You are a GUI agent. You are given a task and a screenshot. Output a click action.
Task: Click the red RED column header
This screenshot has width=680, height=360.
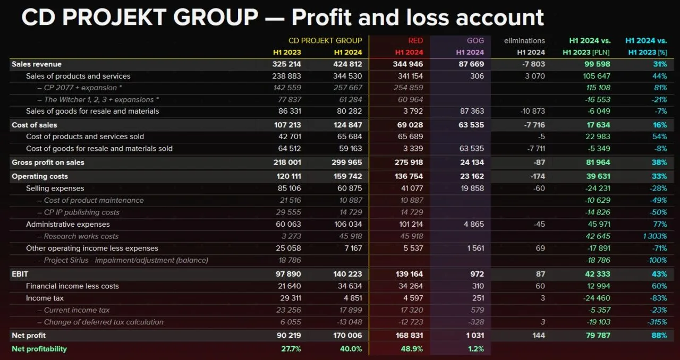[x=415, y=40]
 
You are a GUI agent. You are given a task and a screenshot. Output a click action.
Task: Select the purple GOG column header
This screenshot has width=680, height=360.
[x=475, y=40]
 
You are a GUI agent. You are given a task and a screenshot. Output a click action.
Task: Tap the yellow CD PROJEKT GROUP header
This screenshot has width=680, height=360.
[x=325, y=40]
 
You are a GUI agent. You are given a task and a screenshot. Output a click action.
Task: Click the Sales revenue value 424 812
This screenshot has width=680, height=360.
[x=348, y=64]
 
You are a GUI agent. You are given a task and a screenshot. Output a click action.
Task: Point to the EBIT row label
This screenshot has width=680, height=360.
[x=20, y=274]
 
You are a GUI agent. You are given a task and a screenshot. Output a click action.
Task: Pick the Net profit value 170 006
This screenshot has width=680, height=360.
[x=348, y=336]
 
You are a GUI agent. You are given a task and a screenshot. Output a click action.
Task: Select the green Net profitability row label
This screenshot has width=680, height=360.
[x=39, y=349]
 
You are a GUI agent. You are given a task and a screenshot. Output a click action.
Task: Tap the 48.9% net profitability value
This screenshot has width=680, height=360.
[x=413, y=349]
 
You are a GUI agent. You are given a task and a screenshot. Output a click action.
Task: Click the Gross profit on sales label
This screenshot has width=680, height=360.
[x=48, y=162]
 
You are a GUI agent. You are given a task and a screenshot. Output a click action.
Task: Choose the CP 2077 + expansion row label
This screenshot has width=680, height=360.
[x=80, y=88]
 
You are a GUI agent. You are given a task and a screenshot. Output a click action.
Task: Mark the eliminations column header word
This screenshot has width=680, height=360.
[x=524, y=40]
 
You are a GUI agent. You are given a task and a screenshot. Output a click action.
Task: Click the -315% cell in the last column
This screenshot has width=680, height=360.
[x=657, y=322]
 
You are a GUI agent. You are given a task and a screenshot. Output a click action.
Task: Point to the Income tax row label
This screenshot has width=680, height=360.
[x=45, y=298]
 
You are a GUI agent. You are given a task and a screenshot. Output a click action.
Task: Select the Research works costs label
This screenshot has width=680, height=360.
[x=81, y=236]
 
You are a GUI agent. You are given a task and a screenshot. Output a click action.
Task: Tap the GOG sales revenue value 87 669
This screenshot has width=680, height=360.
[x=470, y=64]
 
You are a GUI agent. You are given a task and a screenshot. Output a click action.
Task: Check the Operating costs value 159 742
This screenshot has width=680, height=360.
[x=348, y=176]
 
